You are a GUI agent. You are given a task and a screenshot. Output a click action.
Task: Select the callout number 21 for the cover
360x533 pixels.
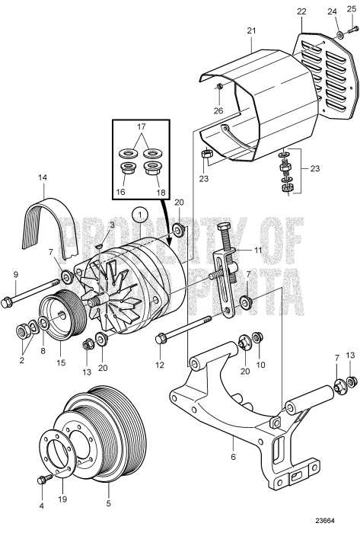click(x=252, y=31)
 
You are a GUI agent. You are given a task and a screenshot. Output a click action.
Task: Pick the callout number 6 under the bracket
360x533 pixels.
click(x=233, y=457)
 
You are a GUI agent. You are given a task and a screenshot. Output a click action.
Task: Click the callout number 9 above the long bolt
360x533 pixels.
click(x=14, y=275)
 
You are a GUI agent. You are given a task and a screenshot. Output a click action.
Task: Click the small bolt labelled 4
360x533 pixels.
click(x=43, y=478)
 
